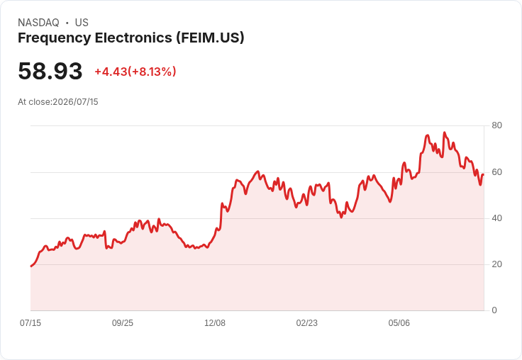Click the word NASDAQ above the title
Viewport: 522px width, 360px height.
pyautogui.click(x=38, y=23)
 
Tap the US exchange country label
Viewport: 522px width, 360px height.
pyautogui.click(x=82, y=23)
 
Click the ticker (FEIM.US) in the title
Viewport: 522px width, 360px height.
pyautogui.click(x=210, y=38)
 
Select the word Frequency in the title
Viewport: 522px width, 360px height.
pyautogui.click(x=55, y=38)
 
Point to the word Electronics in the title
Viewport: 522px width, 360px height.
pyautogui.click(x=133, y=38)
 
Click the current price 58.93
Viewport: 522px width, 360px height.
pyautogui.click(x=50, y=71)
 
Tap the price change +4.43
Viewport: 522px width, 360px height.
pyautogui.click(x=111, y=72)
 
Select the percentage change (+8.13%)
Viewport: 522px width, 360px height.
pyautogui.click(x=152, y=72)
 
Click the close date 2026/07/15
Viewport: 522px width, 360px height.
pyautogui.click(x=76, y=102)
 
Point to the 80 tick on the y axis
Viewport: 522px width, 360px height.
pyautogui.click(x=496, y=125)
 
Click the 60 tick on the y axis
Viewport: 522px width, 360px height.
pyautogui.click(x=496, y=172)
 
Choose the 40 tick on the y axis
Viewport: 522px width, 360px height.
pyautogui.click(x=496, y=218)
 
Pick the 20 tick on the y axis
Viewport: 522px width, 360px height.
pyautogui.click(x=496, y=264)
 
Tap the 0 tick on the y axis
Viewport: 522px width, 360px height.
pyautogui.click(x=494, y=310)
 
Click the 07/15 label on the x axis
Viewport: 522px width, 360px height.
pyautogui.click(x=30, y=323)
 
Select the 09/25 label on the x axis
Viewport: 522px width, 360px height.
pyautogui.click(x=123, y=323)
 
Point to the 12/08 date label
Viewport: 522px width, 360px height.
pyautogui.click(x=215, y=323)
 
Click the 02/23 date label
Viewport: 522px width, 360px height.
pyautogui.click(x=307, y=323)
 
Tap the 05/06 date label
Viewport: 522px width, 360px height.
pyautogui.click(x=399, y=323)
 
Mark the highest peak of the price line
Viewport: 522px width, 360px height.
pyautogui.click(x=444, y=133)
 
